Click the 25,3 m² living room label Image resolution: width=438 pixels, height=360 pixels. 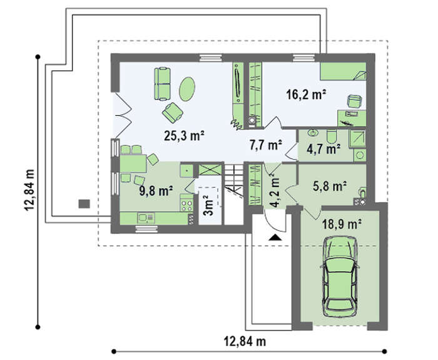point(185,136)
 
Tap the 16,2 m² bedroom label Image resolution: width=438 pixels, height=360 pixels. point(307,95)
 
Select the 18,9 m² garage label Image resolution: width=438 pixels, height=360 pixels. point(342,224)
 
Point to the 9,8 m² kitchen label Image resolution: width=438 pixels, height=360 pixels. point(156,191)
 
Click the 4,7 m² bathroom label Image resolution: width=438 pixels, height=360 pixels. point(323,149)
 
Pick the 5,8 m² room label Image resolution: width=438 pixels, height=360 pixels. point(330,186)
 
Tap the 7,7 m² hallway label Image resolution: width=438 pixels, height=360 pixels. point(265,145)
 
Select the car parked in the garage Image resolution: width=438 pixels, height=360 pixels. point(340,276)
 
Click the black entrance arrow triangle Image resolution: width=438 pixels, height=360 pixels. point(275,237)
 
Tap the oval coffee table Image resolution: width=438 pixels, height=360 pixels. point(187,89)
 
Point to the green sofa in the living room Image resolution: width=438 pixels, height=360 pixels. point(162,83)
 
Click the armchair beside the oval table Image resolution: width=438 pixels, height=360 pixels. point(173,112)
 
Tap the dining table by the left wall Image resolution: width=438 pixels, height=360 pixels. point(133,163)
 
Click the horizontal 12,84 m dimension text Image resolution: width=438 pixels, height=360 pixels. point(245,341)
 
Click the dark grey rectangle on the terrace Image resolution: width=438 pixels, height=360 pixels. point(84,203)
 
